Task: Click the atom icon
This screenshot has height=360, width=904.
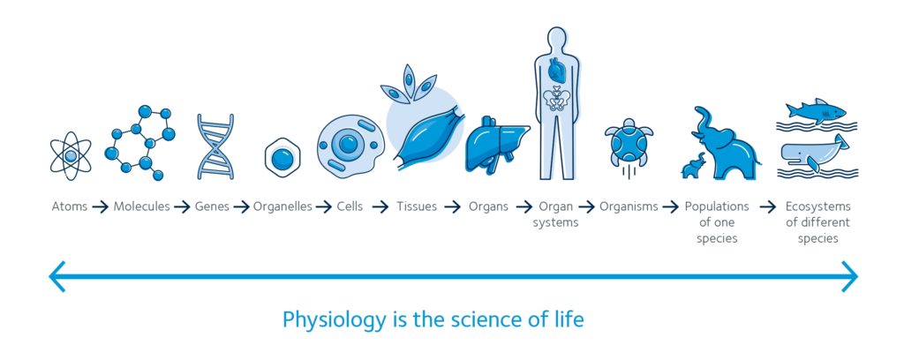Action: coord(71,155)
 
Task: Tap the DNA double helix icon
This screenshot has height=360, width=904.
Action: coord(215,146)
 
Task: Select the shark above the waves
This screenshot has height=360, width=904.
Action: coord(815,110)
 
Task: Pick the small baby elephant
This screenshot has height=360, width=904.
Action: coord(694,166)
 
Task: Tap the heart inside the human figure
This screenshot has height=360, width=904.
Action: coord(558,70)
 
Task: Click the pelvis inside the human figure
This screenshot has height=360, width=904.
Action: coord(557,99)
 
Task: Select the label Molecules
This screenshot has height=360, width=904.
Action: coord(141,206)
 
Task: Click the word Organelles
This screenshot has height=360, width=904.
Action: coord(282,206)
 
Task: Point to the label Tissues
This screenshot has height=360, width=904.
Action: coord(417,206)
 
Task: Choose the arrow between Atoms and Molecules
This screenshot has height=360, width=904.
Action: coord(101,206)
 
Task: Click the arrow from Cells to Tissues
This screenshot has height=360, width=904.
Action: coord(380,206)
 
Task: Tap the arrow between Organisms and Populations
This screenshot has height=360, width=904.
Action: coord(671,206)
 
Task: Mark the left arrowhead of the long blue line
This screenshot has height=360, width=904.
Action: coord(57,276)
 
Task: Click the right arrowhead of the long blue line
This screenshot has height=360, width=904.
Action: coord(850,276)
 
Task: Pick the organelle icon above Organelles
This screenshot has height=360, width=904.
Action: coord(282,157)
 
